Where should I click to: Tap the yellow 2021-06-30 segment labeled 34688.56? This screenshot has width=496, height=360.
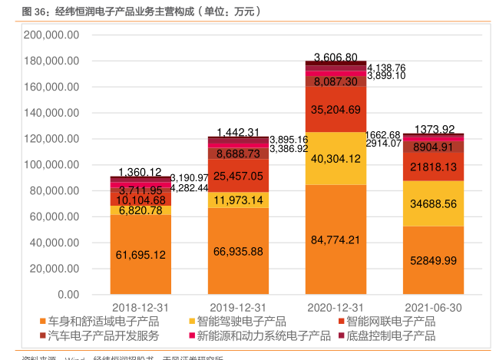(433, 203)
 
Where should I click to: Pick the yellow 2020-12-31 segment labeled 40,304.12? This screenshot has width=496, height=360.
(335, 159)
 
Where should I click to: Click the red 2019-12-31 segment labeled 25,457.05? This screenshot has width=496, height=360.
(238, 177)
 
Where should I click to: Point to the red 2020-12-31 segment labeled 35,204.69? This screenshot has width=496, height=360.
(335, 109)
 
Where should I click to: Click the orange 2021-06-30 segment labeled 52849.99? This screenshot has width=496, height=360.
(433, 260)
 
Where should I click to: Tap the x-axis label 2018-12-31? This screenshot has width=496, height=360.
(141, 307)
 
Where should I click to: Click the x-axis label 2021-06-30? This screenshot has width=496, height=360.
(433, 307)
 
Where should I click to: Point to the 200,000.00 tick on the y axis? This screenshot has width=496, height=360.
(52, 35)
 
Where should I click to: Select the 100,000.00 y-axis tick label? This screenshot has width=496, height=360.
(52, 165)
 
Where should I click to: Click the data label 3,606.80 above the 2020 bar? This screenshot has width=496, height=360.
(336, 58)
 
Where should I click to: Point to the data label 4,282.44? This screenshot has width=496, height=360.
(190, 187)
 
